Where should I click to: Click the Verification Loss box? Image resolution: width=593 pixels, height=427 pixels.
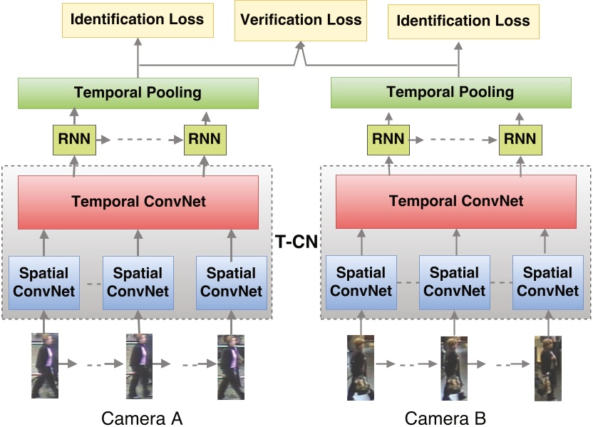[300, 20]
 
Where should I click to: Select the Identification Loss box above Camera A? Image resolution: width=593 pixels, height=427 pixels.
[138, 20]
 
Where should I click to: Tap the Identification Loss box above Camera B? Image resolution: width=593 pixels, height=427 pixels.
[463, 21]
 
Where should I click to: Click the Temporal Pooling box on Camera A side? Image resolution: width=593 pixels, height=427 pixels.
[138, 93]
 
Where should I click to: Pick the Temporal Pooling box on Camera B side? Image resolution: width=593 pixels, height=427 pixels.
[450, 92]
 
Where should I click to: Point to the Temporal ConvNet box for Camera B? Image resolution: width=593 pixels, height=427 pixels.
[455, 202]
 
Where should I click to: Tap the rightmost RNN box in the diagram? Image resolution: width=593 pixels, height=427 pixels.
[518, 138]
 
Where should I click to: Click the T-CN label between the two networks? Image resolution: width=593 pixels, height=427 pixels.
[296, 243]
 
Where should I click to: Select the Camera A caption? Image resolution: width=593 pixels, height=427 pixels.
[142, 418]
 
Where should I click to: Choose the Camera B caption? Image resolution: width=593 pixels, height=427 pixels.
[445, 418]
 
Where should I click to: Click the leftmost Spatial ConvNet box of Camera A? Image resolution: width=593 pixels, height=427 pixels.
[44, 282]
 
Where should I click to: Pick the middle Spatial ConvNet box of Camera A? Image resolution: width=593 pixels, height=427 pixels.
[138, 282]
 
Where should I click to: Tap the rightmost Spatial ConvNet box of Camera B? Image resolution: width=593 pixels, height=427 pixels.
[547, 282]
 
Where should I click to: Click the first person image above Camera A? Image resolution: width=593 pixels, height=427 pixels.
[45, 364]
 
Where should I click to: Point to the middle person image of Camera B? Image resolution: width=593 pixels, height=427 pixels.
[454, 368]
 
